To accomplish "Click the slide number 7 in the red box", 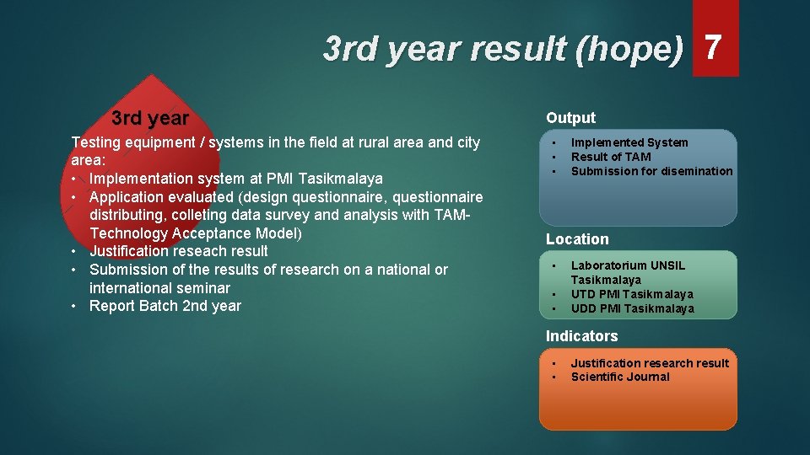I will coord(714,49).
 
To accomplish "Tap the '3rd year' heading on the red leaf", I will coord(150,118).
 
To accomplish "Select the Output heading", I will coord(570,118).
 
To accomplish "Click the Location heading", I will coord(577,239).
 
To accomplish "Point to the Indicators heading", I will coord(581,336).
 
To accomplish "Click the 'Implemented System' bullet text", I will coord(629,142).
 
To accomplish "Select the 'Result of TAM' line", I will coord(611,157).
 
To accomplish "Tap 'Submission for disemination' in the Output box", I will coord(651,171).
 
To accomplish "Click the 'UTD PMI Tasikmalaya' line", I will coord(632,294).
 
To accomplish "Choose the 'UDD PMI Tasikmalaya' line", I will coord(632,308).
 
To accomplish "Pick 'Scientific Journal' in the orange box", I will coord(620,377).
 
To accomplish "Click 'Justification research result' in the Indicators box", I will coord(650,363).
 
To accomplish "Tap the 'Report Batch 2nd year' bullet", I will coord(165,306).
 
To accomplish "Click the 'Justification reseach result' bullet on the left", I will coord(178,251).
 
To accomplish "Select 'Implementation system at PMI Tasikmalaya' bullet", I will coord(235,179).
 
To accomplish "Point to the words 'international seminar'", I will coord(159,288).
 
